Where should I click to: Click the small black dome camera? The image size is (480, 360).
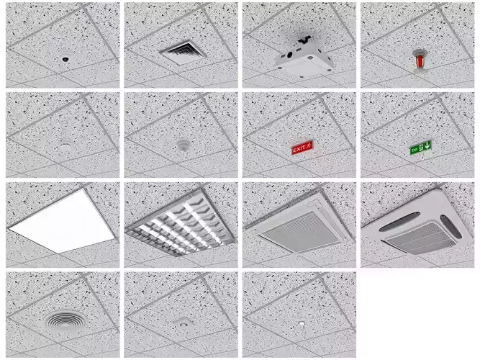(x=65, y=58)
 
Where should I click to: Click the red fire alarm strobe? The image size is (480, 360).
(x=419, y=59)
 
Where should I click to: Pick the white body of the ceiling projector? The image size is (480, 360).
(x=304, y=60)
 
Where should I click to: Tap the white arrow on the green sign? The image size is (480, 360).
(x=427, y=147)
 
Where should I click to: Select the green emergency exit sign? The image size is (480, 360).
(x=420, y=148)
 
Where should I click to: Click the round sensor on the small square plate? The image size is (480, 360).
(x=183, y=325)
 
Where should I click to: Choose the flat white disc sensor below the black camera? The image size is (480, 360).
(x=65, y=146)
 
